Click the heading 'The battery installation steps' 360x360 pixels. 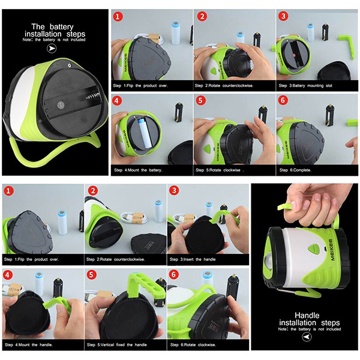point(55,31)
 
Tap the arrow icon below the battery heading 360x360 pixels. point(52,48)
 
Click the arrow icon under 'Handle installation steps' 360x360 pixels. point(307,337)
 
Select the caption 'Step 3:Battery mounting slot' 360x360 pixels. point(305,86)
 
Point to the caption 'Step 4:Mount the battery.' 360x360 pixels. point(138,170)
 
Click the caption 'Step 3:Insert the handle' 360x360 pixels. point(193,259)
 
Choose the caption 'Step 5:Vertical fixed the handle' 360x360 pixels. point(117,345)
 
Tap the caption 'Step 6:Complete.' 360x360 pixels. point(295,170)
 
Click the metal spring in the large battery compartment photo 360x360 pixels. point(93,96)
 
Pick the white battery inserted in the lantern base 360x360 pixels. point(145,133)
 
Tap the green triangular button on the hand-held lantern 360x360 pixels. point(313,248)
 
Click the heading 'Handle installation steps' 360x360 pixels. point(309,319)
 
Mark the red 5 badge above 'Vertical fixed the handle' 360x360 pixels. point(91,275)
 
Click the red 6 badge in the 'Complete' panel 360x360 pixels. point(283,100)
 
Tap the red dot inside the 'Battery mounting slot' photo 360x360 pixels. point(295,55)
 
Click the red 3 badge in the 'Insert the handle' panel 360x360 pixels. point(174,190)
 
